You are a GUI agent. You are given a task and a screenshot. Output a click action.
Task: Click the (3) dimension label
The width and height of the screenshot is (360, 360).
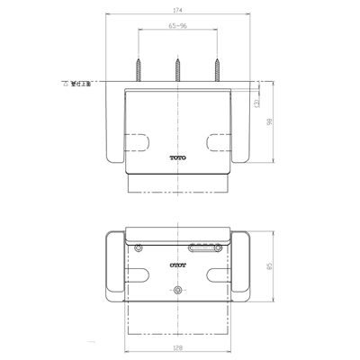coord(258,104)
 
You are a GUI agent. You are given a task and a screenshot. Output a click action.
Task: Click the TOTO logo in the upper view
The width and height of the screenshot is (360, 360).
coord(180,158)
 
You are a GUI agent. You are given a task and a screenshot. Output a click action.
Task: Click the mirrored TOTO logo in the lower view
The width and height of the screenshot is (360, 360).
coord(179,265)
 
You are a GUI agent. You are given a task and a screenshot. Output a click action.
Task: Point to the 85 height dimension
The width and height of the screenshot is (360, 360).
coord(270,266)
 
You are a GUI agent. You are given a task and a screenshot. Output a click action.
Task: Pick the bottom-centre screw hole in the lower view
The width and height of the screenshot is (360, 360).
coord(178,291)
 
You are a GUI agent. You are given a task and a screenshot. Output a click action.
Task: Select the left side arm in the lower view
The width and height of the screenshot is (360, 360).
coord(114,266)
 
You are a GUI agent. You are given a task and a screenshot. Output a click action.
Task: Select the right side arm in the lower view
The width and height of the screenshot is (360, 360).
coord(244,266)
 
